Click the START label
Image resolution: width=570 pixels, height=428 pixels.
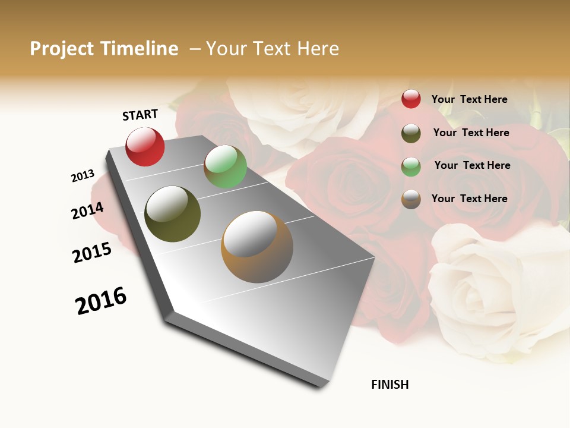point(140,115)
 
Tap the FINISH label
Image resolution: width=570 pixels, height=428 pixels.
point(389,385)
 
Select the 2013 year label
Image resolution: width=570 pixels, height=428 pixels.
point(83,176)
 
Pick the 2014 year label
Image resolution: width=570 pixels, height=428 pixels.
point(87,210)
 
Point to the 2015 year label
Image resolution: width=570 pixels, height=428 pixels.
point(92,253)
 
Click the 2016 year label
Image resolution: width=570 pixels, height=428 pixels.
point(101,301)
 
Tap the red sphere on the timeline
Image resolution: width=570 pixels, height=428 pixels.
point(145,146)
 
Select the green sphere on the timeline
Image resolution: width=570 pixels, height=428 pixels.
point(225,166)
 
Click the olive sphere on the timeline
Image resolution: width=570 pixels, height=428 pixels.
point(173,214)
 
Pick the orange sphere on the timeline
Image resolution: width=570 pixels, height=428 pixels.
point(257,247)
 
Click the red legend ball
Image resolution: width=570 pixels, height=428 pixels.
point(411,99)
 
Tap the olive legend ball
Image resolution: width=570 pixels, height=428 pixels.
point(411,133)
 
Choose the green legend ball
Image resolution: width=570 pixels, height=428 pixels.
point(411,166)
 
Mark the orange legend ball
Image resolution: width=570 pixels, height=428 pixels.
point(411,199)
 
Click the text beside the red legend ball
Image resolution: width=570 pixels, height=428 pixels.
point(469,99)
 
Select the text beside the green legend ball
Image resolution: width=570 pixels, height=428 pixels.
point(472,165)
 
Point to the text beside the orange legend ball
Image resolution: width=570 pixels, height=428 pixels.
point(469,199)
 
